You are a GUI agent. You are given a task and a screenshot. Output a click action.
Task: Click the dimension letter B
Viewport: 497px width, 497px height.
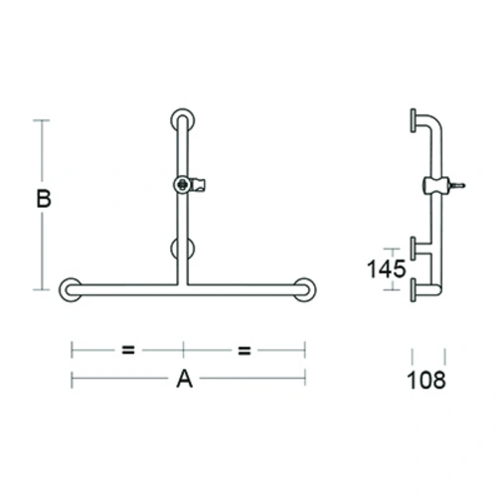click(43, 199)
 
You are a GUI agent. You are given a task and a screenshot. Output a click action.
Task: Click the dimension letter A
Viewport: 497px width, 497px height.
click(184, 378)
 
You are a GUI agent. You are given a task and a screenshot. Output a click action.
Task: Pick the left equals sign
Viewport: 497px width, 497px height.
click(127, 349)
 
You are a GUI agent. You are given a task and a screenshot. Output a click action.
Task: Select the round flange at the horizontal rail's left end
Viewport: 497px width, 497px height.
click(71, 289)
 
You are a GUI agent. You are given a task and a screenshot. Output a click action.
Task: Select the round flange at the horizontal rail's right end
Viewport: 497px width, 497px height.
click(306, 289)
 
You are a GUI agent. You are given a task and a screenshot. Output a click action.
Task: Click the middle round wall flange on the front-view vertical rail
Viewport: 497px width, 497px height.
click(184, 248)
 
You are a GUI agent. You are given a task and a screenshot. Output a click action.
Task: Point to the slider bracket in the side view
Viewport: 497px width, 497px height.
click(434, 185)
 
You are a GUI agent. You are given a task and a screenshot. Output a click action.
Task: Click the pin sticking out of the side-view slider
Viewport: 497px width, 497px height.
click(458, 184)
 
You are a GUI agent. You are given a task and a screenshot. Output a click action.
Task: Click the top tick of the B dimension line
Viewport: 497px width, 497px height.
click(42, 120)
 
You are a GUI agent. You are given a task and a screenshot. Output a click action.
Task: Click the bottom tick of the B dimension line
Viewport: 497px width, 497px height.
click(42, 289)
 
